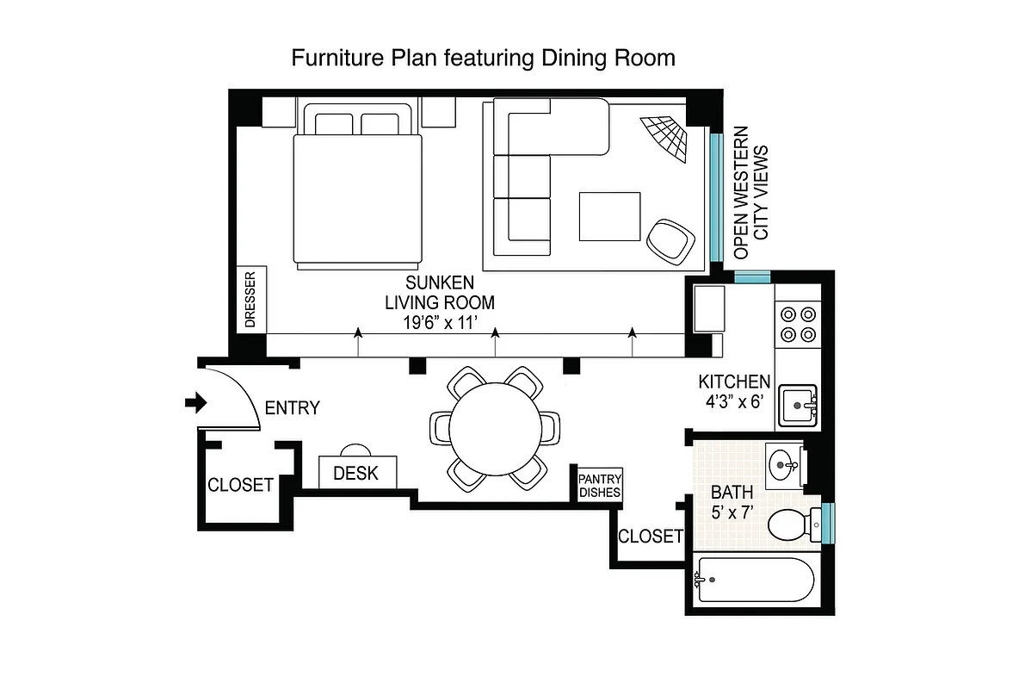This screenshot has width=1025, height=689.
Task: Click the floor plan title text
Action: [x=483, y=58]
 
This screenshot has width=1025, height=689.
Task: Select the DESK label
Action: [x=355, y=473]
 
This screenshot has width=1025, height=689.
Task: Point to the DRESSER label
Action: [x=250, y=300]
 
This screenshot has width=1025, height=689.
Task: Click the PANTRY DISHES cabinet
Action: [x=600, y=485]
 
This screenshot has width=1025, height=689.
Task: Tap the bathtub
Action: [x=755, y=581]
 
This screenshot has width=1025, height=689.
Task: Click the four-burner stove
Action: [x=797, y=325]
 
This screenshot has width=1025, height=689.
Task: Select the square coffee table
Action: [x=609, y=216]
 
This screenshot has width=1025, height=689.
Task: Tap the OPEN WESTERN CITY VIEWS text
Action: [x=750, y=193]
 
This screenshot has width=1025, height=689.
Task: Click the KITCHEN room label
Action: [x=733, y=382]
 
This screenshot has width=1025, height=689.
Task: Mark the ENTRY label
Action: [x=292, y=408]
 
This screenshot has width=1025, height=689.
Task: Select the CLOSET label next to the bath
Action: [x=650, y=537]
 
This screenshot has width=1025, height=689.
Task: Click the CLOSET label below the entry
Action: [x=240, y=485]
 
